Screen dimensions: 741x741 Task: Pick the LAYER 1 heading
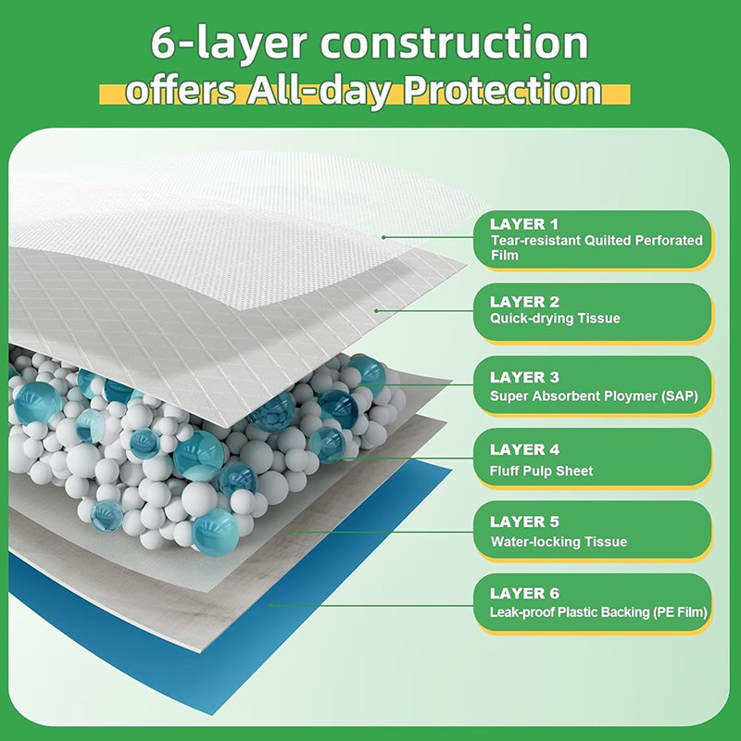(x=524, y=224)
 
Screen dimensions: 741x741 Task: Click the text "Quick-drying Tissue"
(x=556, y=319)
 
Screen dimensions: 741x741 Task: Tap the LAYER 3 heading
(x=524, y=377)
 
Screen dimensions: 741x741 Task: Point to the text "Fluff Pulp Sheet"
(x=542, y=471)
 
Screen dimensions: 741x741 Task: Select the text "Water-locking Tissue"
(x=559, y=542)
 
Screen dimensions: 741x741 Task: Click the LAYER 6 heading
(x=524, y=594)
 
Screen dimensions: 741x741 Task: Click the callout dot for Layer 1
(x=383, y=237)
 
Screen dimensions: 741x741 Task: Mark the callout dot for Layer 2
(x=376, y=311)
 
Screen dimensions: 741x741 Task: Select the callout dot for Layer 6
(x=270, y=605)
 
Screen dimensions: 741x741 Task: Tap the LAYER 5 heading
(x=524, y=522)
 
